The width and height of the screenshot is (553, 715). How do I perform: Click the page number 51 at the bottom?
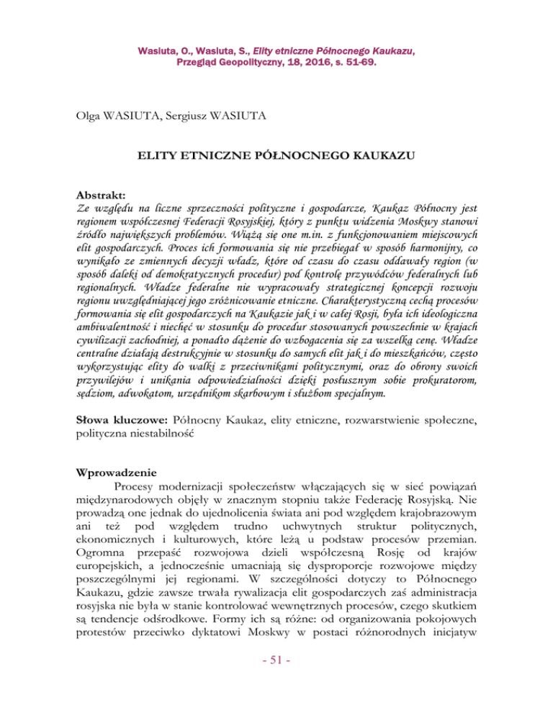276,685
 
